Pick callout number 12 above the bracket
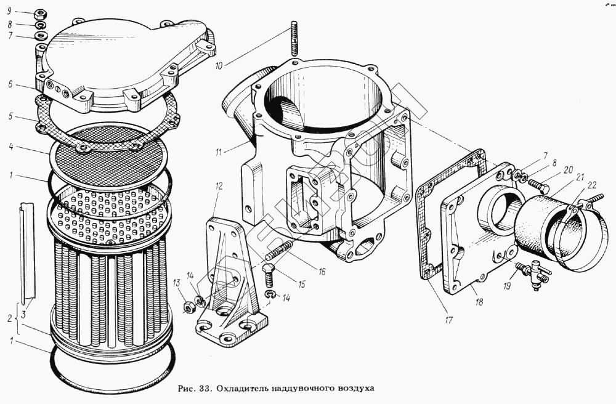click(x=219, y=186)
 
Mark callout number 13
click(x=177, y=283)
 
